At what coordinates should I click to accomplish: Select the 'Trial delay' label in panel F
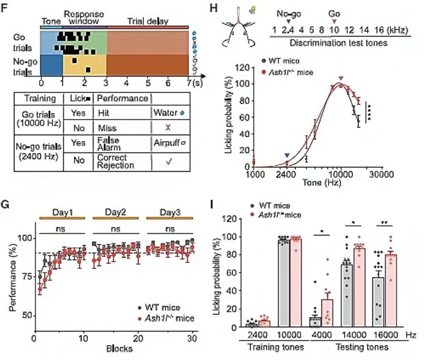tap(148, 21)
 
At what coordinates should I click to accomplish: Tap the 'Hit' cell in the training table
tap(105, 114)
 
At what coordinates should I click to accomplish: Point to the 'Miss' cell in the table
tap(106, 128)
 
